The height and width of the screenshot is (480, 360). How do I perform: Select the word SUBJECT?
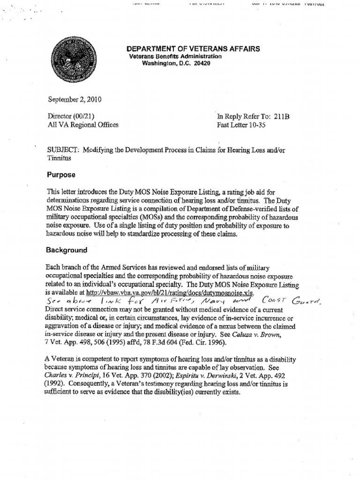(x=63, y=150)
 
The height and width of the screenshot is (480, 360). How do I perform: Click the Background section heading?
(x=67, y=250)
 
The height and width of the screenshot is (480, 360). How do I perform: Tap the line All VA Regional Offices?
(x=83, y=125)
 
